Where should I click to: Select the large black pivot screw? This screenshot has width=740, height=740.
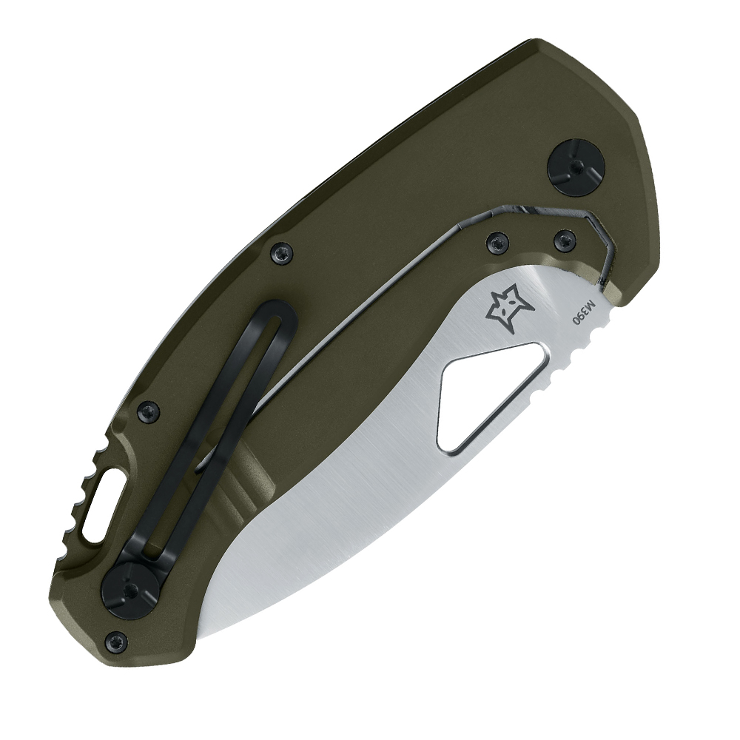(x=576, y=166)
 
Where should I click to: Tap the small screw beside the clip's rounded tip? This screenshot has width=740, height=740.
(x=282, y=253)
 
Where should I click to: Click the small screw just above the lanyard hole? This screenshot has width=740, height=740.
(x=149, y=412)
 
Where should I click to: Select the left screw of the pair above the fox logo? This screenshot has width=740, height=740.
(x=497, y=243)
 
